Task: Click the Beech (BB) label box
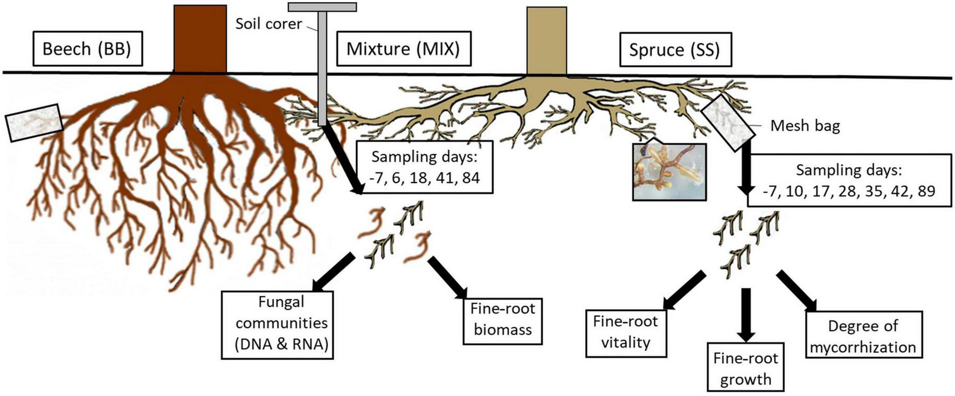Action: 87,49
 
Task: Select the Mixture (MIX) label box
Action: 403,49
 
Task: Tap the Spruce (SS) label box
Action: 674,50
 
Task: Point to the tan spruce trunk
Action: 546,41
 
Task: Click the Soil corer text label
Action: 268,24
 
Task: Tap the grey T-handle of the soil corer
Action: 322,8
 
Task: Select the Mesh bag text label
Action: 805,126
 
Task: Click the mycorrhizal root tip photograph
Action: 669,171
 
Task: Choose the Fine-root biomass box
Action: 502,319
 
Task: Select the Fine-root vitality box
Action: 626,332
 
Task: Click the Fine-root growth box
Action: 745,369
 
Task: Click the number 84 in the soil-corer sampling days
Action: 470,178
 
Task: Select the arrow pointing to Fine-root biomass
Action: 448,278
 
